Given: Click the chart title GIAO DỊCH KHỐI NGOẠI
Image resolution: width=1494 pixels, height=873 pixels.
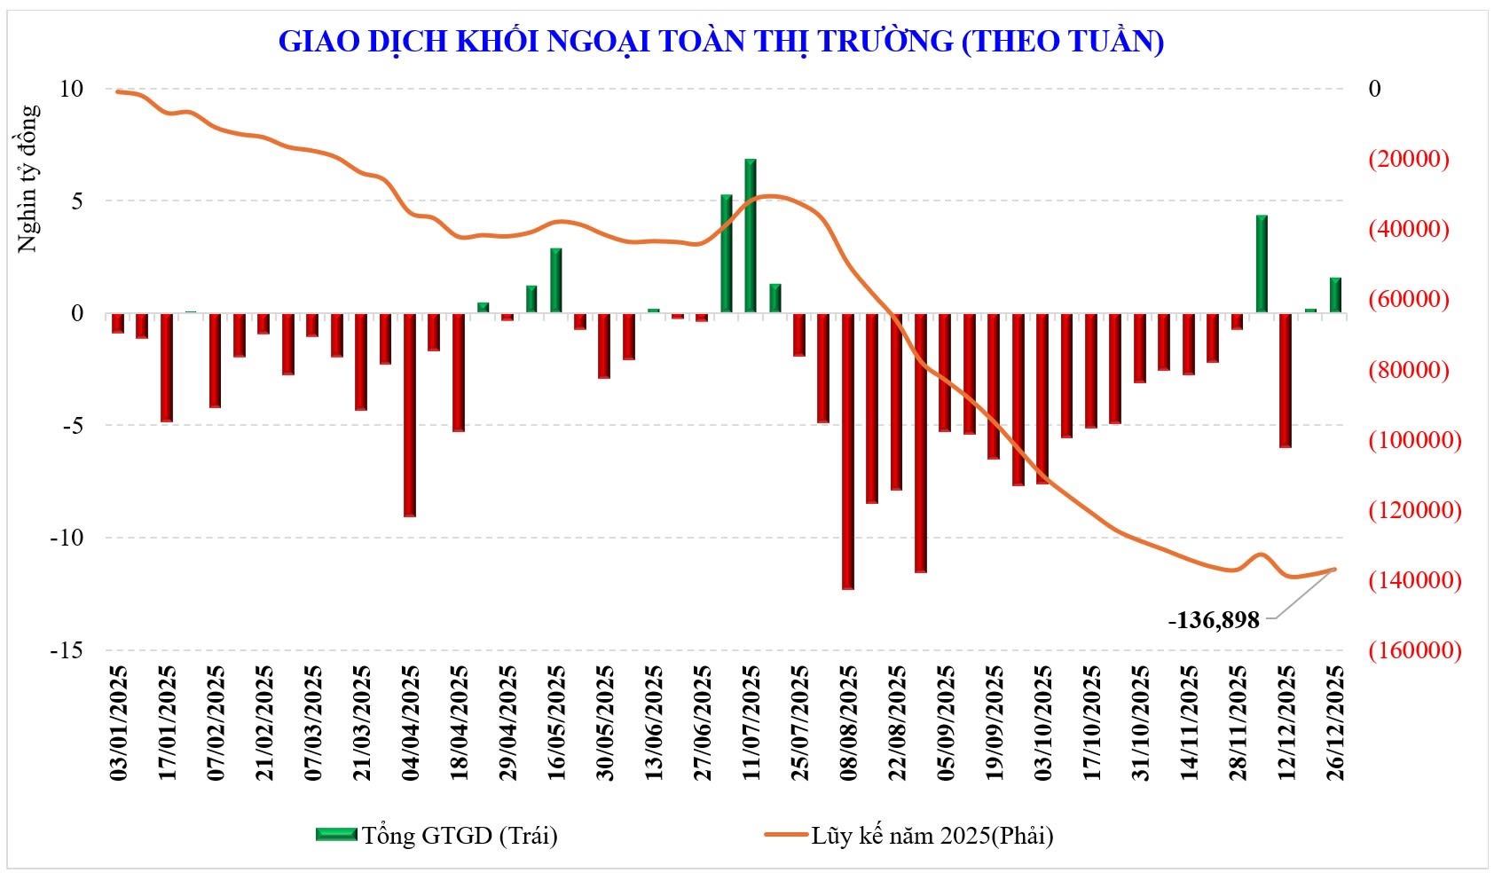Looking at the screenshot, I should [720, 41].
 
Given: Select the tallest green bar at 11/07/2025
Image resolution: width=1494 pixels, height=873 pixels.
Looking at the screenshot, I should [751, 236].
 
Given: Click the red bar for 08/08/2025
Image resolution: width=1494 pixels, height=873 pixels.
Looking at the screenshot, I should [848, 451].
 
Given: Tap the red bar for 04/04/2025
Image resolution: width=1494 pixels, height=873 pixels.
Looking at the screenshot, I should [410, 414].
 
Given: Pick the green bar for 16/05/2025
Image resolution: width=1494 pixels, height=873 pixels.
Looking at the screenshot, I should [556, 280].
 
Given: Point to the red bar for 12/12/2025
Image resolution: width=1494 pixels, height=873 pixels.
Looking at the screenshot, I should [1286, 380].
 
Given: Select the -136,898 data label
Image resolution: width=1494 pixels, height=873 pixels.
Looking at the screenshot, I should [1213, 620].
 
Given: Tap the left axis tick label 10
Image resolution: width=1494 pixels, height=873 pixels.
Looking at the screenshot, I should [71, 89].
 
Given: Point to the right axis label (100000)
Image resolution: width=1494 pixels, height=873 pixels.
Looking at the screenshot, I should [1414, 440].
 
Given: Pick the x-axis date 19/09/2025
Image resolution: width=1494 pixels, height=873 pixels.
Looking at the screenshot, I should [995, 723].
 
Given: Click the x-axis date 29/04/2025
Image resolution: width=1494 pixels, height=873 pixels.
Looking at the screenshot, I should [508, 723].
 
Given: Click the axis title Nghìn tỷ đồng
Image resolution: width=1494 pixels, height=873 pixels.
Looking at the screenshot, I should [28, 178].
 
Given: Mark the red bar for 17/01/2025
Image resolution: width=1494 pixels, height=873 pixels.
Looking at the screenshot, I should [167, 367].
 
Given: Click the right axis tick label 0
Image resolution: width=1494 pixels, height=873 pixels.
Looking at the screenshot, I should [1374, 89].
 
